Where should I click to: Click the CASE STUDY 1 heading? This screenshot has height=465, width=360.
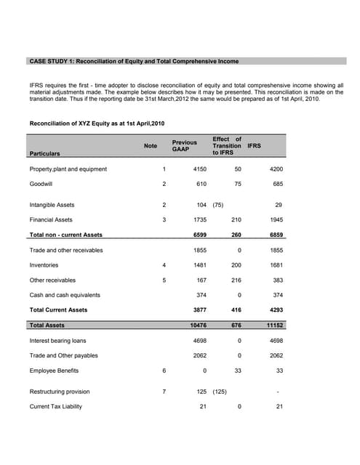click(x=133, y=61)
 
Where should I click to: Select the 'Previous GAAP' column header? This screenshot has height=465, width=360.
click(x=184, y=146)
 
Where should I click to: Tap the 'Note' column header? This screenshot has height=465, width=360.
click(x=151, y=146)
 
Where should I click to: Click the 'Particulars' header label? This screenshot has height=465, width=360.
click(x=45, y=154)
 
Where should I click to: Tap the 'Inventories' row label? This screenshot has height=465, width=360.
click(x=44, y=265)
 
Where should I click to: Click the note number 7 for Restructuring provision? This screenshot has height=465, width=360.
click(x=164, y=392)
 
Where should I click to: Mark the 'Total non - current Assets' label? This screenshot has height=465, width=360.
click(x=65, y=235)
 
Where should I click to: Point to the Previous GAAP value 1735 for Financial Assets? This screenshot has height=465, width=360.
click(x=199, y=219)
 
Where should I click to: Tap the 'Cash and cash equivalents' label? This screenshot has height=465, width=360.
click(x=65, y=295)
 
